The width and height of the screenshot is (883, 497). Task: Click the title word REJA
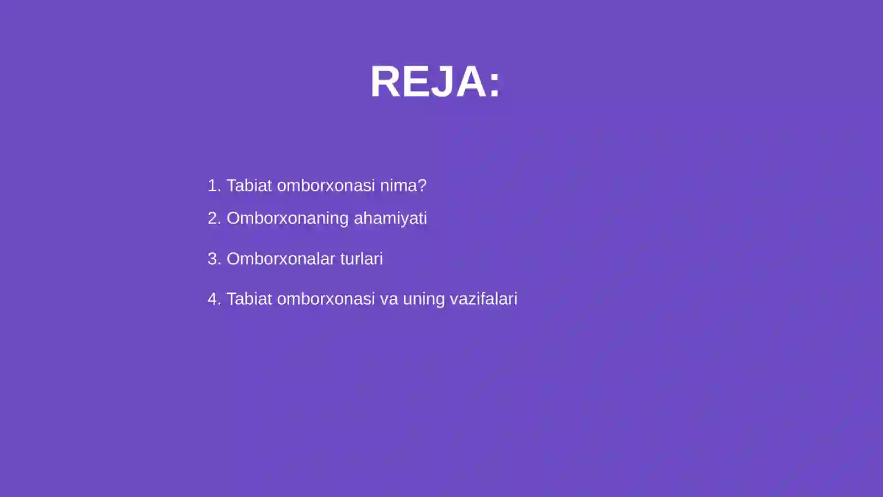coord(428,82)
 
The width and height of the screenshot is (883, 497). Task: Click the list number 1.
coord(212,186)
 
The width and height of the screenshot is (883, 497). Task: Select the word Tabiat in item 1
coord(249,186)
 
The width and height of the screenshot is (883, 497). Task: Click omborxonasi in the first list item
coord(326,186)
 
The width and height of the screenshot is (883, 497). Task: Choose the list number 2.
coord(213,218)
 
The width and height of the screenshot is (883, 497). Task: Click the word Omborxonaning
coord(288,219)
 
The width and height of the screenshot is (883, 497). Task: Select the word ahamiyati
coord(390,219)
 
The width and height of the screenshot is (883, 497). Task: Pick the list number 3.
coord(213,258)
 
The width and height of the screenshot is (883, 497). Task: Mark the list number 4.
coord(213,299)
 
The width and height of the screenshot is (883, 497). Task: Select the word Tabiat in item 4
coord(249,299)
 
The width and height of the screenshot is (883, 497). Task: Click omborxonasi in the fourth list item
coord(326,299)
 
